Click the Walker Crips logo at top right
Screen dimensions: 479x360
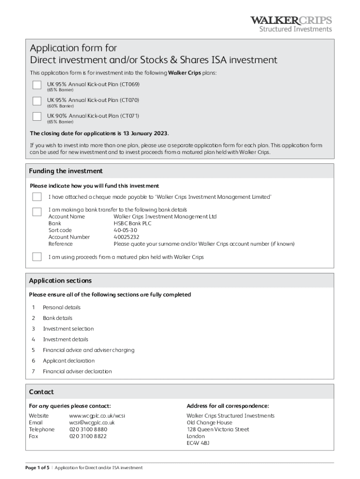pyautogui.click(x=291, y=24)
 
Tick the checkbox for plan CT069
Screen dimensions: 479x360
pyautogui.click(x=37, y=85)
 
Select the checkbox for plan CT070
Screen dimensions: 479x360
pyautogui.click(x=37, y=101)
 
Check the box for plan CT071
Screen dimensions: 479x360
pyautogui.click(x=37, y=116)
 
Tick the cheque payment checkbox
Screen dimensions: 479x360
pyautogui.click(x=37, y=196)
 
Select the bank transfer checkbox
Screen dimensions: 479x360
pyautogui.click(x=37, y=211)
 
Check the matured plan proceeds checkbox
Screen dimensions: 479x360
pyautogui.click(x=37, y=256)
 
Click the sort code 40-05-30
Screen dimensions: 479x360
pyautogui.click(x=125, y=230)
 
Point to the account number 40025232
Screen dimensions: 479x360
pyautogui.click(x=126, y=237)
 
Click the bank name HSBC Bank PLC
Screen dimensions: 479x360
pyautogui.click(x=132, y=223)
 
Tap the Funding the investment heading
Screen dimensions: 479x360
pyautogui.click(x=66, y=171)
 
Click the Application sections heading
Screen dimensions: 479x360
pyautogui.click(x=60, y=281)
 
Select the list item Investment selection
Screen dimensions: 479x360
pyautogui.click(x=68, y=329)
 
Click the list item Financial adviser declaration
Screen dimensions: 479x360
pyautogui.click(x=77, y=371)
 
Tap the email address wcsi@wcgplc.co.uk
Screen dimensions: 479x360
pyautogui.click(x=92, y=422)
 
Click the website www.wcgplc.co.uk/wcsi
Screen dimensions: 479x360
pyautogui.click(x=97, y=416)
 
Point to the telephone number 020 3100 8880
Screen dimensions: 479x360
pyautogui.click(x=88, y=429)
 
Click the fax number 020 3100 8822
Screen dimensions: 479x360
pyautogui.click(x=88, y=436)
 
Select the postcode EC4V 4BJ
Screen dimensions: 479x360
pyautogui.click(x=198, y=443)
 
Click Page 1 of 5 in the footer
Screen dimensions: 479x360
pyautogui.click(x=37, y=468)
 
